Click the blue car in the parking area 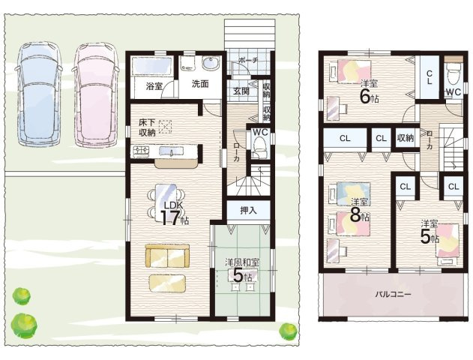click(x=39, y=94)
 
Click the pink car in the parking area click(x=96, y=94)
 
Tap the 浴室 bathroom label click(x=154, y=86)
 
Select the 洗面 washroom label click(x=200, y=84)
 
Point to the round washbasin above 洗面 click(x=209, y=63)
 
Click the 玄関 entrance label click(x=241, y=91)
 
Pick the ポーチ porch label click(x=248, y=60)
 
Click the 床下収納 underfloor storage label click(x=147, y=127)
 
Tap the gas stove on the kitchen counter click(x=141, y=150)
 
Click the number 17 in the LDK click(x=170, y=217)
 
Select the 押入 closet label click(x=248, y=210)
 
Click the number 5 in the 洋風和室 click(x=238, y=276)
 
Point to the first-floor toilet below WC click(x=259, y=147)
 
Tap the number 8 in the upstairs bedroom click(x=355, y=215)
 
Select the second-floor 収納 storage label click(x=406, y=138)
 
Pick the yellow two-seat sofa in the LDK click(x=167, y=256)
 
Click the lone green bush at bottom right click(x=288, y=332)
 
